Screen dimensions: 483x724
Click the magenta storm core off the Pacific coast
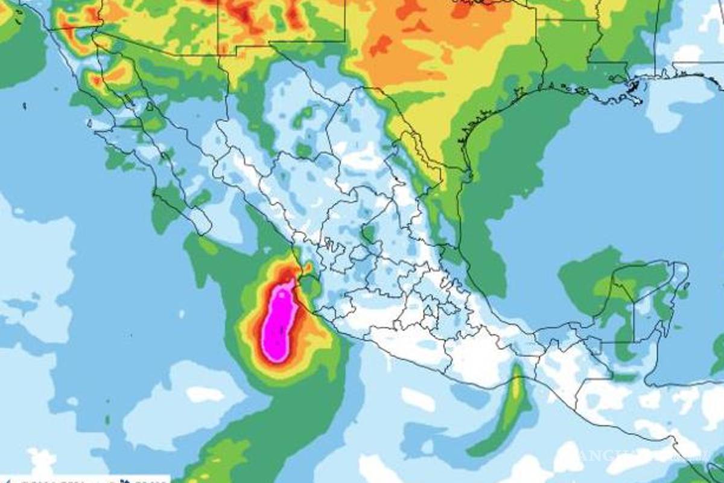tap(279, 323)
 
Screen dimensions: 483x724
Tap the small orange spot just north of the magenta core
tap(307, 266)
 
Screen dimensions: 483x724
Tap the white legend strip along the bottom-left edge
tap(66, 479)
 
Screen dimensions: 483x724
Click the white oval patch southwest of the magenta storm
tap(205, 394)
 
